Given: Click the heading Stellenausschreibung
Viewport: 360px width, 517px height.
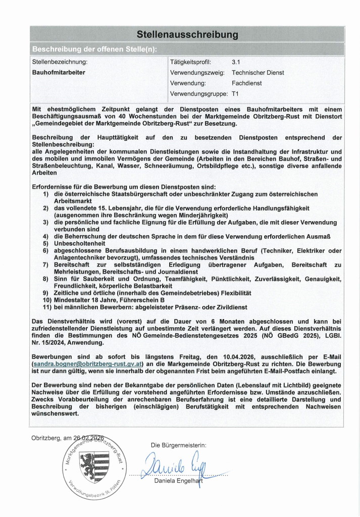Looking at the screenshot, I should (187, 34).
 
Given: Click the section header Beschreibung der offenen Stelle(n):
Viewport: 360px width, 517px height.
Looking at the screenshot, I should (94, 49).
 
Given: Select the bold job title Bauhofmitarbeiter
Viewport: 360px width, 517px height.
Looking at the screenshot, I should (59, 72).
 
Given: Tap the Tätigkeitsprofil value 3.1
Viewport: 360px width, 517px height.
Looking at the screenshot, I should (236, 62).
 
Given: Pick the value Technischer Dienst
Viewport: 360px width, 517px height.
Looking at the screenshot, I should (258, 72).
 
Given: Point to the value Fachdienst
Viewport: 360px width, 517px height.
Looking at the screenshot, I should (246, 83).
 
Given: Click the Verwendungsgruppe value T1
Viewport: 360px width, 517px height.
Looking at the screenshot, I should (235, 93).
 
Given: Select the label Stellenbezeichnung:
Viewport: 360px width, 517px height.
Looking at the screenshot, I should (60, 62).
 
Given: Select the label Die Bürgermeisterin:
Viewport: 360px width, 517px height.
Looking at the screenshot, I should (178, 445).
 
